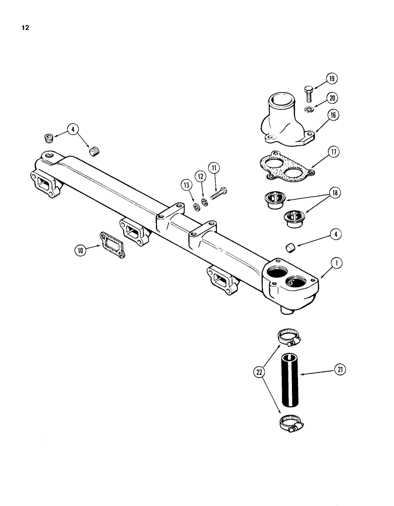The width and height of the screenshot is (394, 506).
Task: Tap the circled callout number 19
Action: pyautogui.click(x=331, y=78)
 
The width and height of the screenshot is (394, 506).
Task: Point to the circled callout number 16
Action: pyautogui.click(x=333, y=115)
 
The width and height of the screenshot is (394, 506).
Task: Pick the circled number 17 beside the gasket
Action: pyautogui.click(x=334, y=151)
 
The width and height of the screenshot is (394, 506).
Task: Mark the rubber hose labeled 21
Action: pyautogui.click(x=290, y=380)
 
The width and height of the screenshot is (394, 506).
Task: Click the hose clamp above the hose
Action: pyautogui.click(x=290, y=335)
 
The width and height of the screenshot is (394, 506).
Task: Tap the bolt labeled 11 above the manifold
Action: pyautogui.click(x=218, y=194)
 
